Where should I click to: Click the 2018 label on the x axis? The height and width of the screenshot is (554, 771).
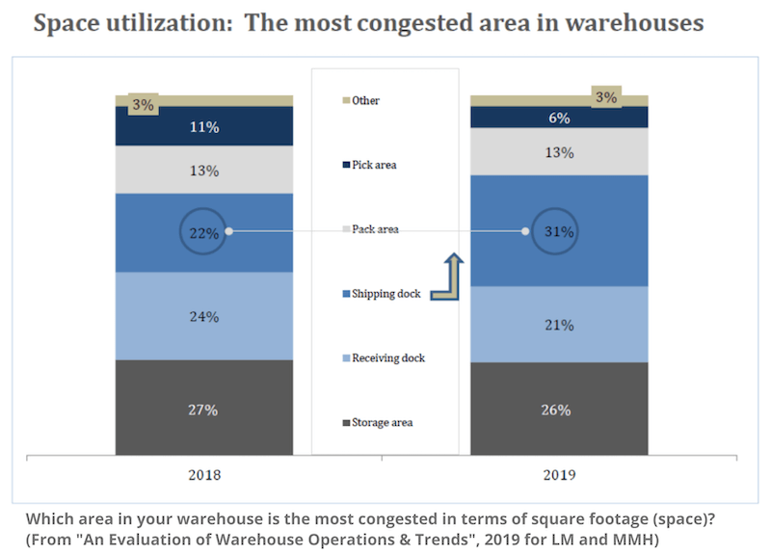(203, 474)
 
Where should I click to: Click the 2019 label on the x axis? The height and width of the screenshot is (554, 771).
(558, 474)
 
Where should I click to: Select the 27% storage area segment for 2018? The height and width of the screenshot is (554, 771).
(203, 409)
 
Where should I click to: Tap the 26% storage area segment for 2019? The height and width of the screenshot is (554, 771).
(558, 409)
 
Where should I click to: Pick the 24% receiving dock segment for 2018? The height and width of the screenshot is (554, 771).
(203, 316)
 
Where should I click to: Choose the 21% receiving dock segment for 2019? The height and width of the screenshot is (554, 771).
(558, 324)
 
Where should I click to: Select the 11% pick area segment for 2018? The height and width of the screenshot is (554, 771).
(203, 125)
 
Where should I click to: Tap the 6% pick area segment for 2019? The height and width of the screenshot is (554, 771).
(558, 117)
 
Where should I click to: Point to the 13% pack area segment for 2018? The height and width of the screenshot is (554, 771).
(203, 170)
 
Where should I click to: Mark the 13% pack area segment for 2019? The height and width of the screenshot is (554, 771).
(558, 151)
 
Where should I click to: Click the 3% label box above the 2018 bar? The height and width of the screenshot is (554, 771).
(143, 105)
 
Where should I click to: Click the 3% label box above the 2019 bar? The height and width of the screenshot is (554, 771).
(606, 96)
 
